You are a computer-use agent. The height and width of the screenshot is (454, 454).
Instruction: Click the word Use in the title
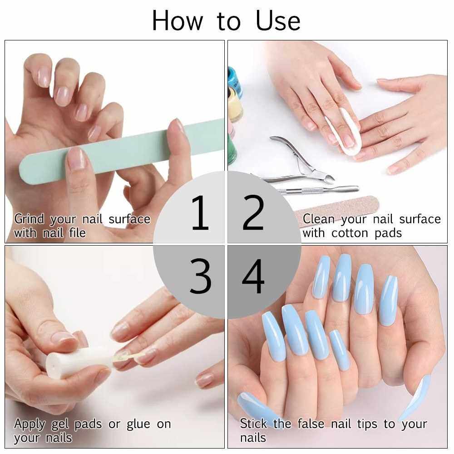[x=278, y=21]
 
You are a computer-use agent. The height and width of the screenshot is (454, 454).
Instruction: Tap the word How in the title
[x=178, y=21]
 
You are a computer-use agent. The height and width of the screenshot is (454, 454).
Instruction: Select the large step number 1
[x=200, y=213]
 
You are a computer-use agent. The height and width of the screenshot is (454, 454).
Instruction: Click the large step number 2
[x=253, y=213]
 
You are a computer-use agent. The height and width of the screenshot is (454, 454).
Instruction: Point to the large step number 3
[x=200, y=276]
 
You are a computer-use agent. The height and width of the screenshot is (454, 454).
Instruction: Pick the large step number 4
[x=253, y=276]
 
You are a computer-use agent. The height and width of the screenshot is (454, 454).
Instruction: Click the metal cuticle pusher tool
[x=319, y=190]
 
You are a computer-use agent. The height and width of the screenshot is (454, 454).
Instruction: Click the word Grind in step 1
[x=29, y=219]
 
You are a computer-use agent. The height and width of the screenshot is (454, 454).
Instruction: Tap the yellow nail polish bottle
[x=235, y=106]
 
